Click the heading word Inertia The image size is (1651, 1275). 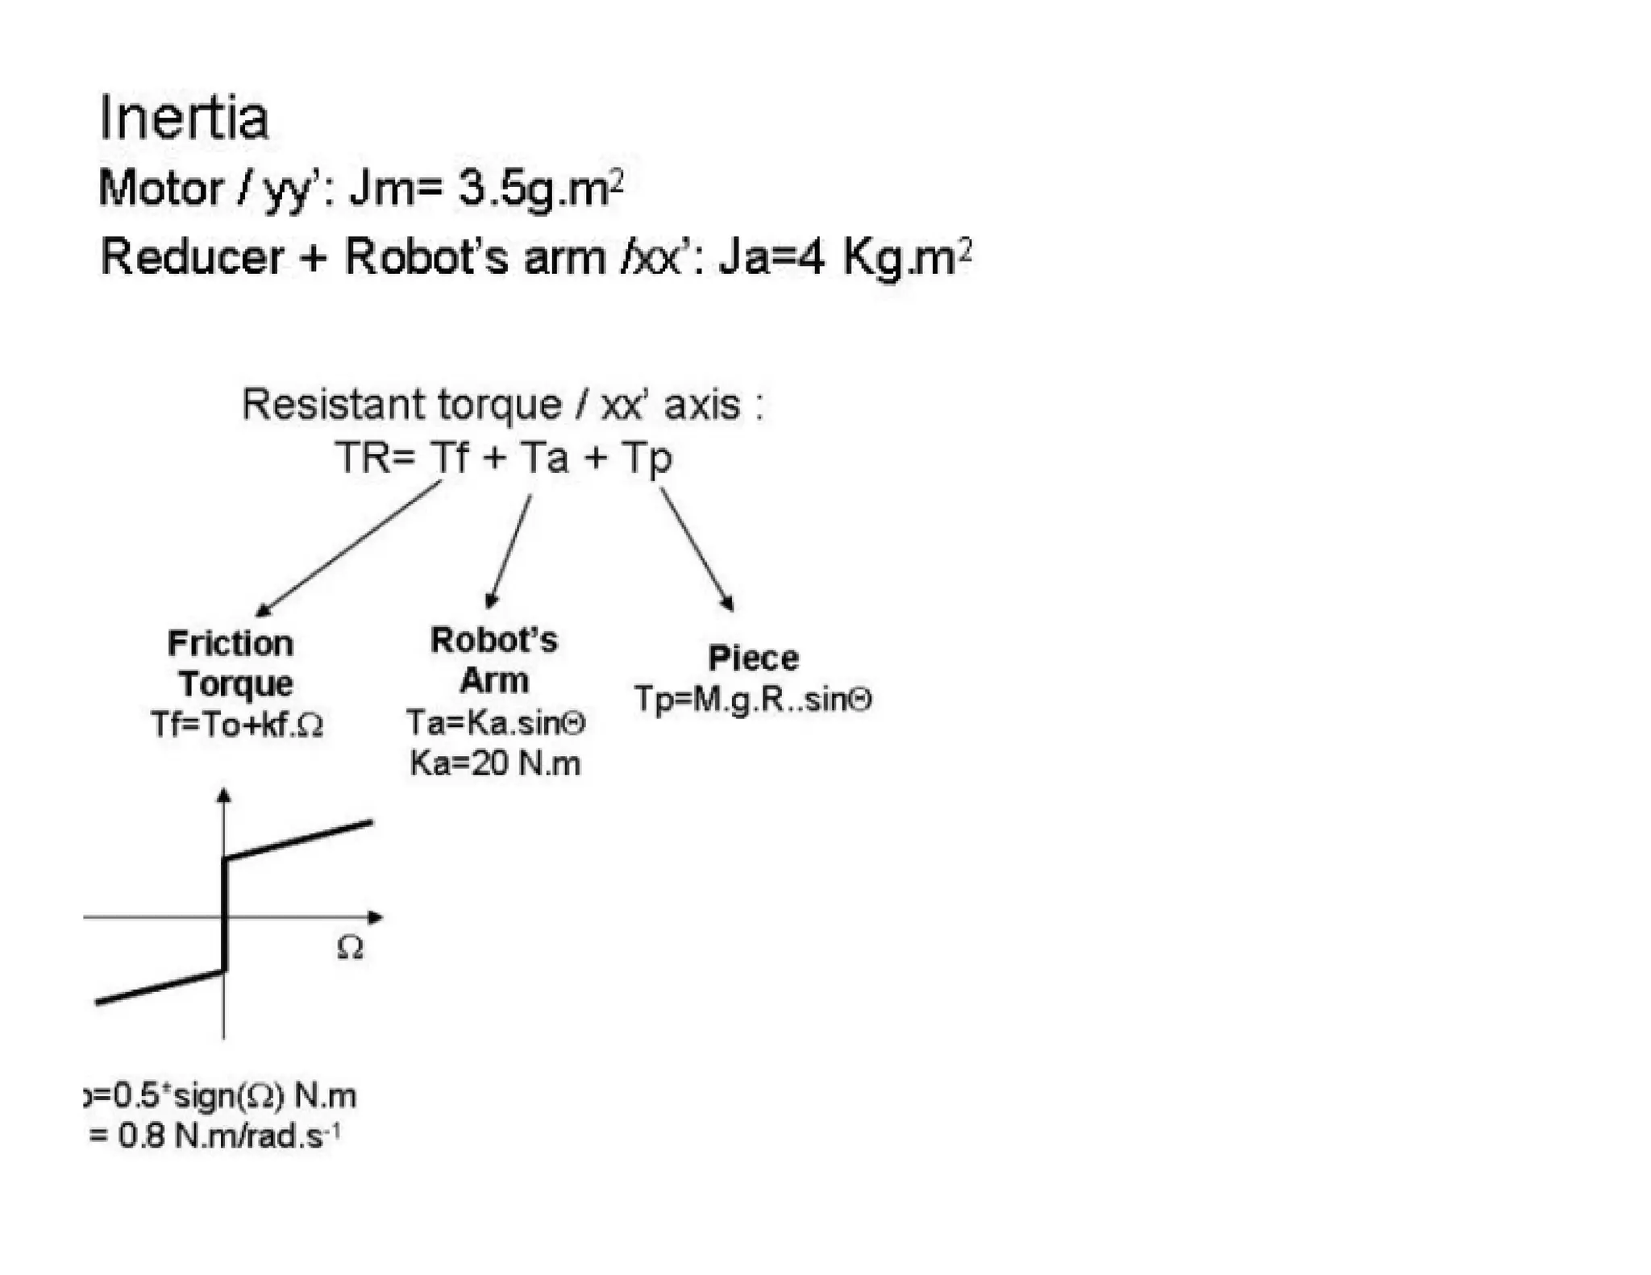(x=183, y=118)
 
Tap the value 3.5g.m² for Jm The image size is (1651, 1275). (x=540, y=189)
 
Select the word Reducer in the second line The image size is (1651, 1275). (x=192, y=257)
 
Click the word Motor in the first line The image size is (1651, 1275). (x=160, y=189)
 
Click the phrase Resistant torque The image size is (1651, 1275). (x=401, y=404)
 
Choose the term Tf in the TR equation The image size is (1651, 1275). (x=448, y=457)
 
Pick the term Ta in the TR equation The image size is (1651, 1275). (x=544, y=457)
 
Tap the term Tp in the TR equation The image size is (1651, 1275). (x=647, y=459)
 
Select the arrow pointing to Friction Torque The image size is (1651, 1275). (x=348, y=548)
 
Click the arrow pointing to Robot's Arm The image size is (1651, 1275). (x=509, y=551)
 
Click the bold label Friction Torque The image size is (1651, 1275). (x=232, y=662)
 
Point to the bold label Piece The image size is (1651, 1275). (x=753, y=658)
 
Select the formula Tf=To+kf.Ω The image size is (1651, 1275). (x=237, y=725)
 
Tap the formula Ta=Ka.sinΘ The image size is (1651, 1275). (x=496, y=722)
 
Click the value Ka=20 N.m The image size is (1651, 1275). (x=495, y=762)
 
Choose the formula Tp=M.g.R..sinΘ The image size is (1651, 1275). (x=753, y=699)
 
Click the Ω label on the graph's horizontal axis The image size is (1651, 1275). (x=350, y=948)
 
